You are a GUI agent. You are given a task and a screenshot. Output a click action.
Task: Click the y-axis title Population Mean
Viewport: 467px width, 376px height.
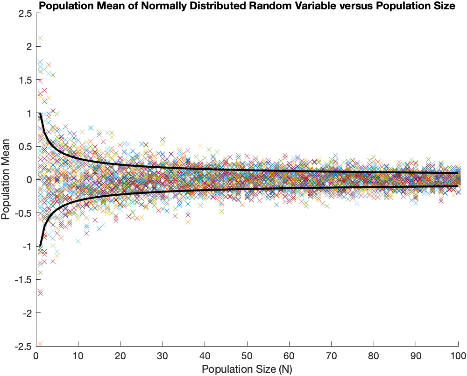7,180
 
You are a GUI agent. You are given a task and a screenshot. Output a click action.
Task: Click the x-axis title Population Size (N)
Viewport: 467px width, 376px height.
247,369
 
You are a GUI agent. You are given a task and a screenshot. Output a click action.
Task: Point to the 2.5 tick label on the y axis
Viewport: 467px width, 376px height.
26,14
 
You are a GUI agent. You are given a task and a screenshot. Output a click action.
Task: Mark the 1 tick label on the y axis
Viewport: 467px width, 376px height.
29,114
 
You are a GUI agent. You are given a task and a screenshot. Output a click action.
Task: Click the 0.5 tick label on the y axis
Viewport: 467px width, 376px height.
26,147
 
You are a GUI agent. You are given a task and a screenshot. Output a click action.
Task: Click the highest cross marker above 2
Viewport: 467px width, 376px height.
40,38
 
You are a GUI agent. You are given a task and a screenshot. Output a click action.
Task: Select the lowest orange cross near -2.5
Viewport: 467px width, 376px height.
40,344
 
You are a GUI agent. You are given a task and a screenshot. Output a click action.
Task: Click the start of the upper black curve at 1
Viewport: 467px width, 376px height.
40,114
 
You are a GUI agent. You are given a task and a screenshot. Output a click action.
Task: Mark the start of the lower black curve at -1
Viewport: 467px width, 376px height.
40,246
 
